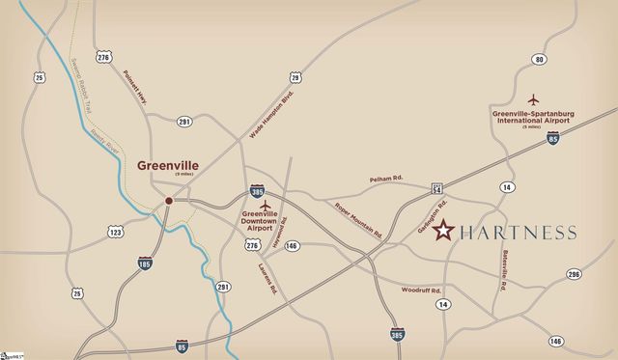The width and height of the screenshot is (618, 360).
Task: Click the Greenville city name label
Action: [168, 165]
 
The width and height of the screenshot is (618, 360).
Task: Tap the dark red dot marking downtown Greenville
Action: [169, 201]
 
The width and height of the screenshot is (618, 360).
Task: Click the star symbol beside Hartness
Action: [443, 231]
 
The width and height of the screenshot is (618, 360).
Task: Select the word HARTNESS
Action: [519, 232]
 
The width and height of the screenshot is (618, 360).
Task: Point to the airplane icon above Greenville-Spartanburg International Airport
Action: [532, 99]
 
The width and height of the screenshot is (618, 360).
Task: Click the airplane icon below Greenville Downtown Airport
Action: [263, 233]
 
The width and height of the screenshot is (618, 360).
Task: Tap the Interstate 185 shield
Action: [145, 263]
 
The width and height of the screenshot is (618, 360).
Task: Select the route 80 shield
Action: [540, 60]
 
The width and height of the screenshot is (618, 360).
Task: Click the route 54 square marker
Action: [437, 188]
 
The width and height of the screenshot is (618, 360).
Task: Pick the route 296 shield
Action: [575, 275]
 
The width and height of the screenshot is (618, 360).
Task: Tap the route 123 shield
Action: [116, 232]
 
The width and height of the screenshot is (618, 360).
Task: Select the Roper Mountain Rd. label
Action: [358, 221]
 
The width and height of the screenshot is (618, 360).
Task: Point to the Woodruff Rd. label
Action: [422, 290]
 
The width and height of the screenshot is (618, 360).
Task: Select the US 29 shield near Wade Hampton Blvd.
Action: [295, 77]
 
